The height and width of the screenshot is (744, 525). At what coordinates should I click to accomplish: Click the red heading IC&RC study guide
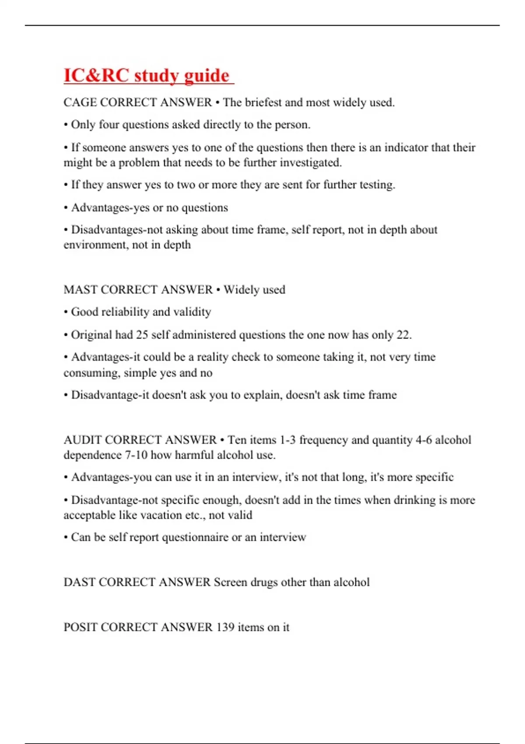(x=147, y=75)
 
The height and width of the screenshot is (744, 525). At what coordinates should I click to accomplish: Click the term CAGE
(x=80, y=102)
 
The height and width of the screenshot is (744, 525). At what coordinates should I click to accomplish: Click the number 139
(x=225, y=627)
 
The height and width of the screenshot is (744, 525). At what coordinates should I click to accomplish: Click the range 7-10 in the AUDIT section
(x=136, y=455)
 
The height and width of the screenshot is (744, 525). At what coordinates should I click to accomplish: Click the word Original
(x=91, y=335)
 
